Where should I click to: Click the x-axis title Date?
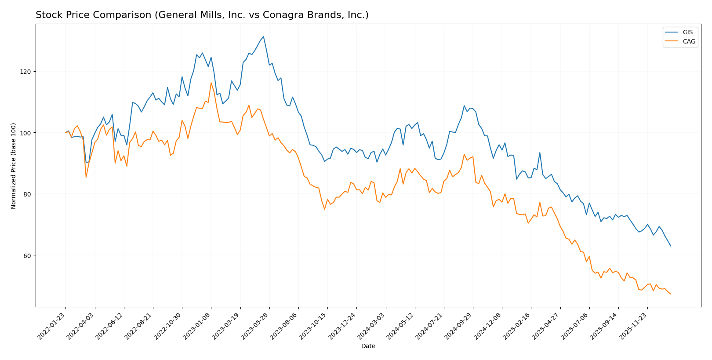368,346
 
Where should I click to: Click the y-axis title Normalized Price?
14,166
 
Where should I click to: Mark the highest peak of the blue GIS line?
263,36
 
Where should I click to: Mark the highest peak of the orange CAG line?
211,83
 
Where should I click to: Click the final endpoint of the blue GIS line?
671,246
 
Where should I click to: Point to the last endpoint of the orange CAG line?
671,294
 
